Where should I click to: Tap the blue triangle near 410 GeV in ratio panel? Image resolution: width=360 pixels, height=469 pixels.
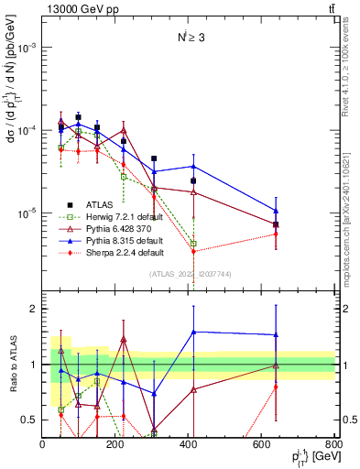point(193,332)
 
